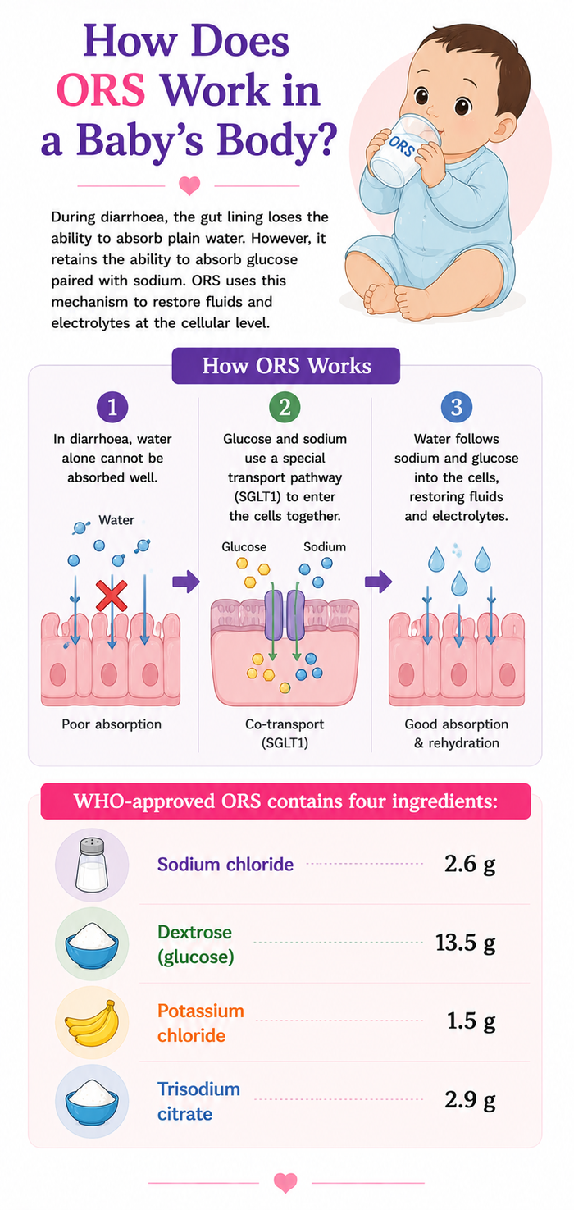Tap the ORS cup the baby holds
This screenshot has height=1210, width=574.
(x=404, y=148)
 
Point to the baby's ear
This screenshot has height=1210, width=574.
(x=504, y=127)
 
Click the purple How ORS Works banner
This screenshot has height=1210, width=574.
(x=285, y=366)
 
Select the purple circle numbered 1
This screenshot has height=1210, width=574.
(x=112, y=407)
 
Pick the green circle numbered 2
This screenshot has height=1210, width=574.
(x=285, y=407)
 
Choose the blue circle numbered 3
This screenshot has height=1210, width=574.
(x=457, y=407)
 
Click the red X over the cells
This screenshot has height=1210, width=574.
(x=112, y=596)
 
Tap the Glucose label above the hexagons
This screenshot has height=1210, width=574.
(x=244, y=546)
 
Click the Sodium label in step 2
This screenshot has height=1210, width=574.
(x=325, y=546)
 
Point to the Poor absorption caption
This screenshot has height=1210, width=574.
(x=112, y=724)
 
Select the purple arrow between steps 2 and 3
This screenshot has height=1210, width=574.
(x=378, y=582)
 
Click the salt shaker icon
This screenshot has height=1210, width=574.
(x=92, y=865)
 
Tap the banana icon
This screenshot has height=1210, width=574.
(x=93, y=1022)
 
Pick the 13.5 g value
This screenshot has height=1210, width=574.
(x=466, y=943)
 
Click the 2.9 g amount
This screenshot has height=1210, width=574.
(x=470, y=1100)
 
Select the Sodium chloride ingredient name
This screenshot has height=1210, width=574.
(x=225, y=865)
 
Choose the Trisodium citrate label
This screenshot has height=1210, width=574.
(x=198, y=1101)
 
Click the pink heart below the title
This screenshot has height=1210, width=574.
(x=189, y=186)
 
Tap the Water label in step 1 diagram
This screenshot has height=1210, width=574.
(x=116, y=520)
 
